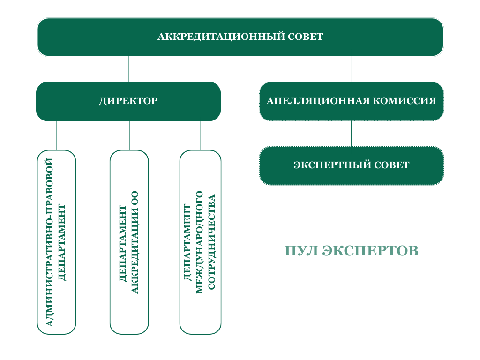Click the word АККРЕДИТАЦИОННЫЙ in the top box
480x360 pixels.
pyautogui.click(x=221, y=37)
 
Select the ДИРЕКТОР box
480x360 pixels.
pyautogui.click(x=128, y=101)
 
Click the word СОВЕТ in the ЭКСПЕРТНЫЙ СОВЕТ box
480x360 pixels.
pyautogui.click(x=392, y=165)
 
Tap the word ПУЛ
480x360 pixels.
pyautogui.click(x=301, y=251)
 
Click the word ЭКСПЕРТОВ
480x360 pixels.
pyautogui.click(x=370, y=251)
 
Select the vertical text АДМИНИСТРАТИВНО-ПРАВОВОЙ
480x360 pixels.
pyautogui.click(x=49, y=242)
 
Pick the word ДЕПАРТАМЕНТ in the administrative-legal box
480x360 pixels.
pyautogui.click(x=61, y=242)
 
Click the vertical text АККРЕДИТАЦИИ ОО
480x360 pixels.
pyautogui.click(x=135, y=242)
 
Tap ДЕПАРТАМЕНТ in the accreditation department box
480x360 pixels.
pyautogui.click(x=122, y=243)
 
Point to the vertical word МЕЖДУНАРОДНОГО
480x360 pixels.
pyautogui.click(x=199, y=242)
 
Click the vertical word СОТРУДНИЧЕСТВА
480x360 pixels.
pyautogui.click(x=211, y=242)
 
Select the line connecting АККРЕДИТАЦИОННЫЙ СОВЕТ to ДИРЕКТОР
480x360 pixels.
pyautogui.click(x=128, y=69)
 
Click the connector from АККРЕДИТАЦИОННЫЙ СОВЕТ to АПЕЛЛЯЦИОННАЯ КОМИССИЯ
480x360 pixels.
pyautogui.click(x=352, y=69)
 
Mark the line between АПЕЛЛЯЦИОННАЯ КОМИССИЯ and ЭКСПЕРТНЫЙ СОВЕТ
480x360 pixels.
pyautogui.click(x=351, y=134)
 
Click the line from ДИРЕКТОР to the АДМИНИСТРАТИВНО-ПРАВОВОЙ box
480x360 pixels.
pyautogui.click(x=57, y=135)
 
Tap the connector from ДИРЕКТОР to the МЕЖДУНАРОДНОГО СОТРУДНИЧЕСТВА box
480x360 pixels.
pyautogui.click(x=201, y=135)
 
